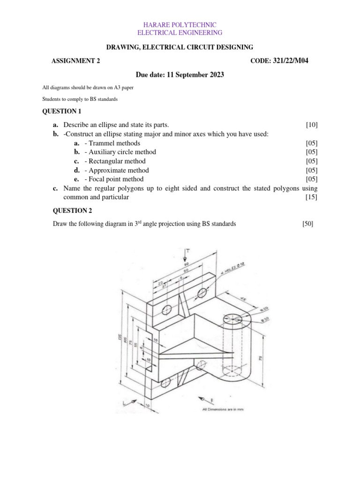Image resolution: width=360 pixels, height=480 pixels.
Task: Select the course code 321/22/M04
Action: pos(291,60)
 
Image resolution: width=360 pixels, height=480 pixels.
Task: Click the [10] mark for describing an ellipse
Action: pos(312,125)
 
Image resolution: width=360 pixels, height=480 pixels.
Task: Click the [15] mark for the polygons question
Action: pos(312,197)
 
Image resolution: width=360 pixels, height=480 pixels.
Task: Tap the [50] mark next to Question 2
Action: pos(308,224)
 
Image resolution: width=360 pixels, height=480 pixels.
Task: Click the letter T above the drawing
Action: pos(188,251)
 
